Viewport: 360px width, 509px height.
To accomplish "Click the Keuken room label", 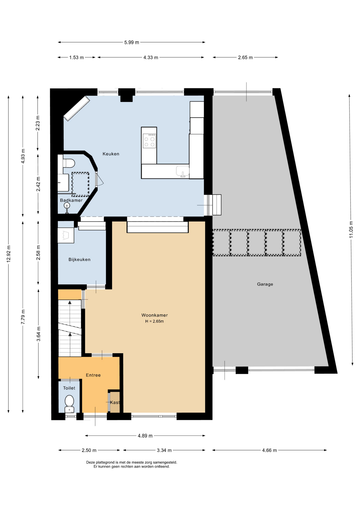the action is [x=111, y=154].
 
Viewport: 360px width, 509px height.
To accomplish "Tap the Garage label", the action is [x=265, y=284].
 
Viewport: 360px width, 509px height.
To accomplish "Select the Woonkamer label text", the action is [x=155, y=315].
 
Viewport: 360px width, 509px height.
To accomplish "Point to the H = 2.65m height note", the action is [x=155, y=321].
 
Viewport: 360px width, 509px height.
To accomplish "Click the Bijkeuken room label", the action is [x=80, y=260].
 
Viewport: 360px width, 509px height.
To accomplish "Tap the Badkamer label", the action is [x=71, y=200].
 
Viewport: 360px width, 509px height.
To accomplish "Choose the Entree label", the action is [x=93, y=375].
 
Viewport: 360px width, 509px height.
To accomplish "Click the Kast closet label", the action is [x=115, y=402].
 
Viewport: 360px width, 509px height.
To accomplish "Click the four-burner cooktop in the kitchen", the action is [x=149, y=141].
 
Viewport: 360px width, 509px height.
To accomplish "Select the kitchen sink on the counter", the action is [x=183, y=171].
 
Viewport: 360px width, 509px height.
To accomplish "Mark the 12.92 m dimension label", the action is [x=9, y=254].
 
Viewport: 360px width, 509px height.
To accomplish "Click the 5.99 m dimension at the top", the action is [x=132, y=42].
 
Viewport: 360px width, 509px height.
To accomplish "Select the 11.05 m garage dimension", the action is [x=351, y=229].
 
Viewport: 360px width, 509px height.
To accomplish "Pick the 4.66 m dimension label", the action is [x=269, y=450].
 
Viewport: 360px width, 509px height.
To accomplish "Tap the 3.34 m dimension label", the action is [x=164, y=450].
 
